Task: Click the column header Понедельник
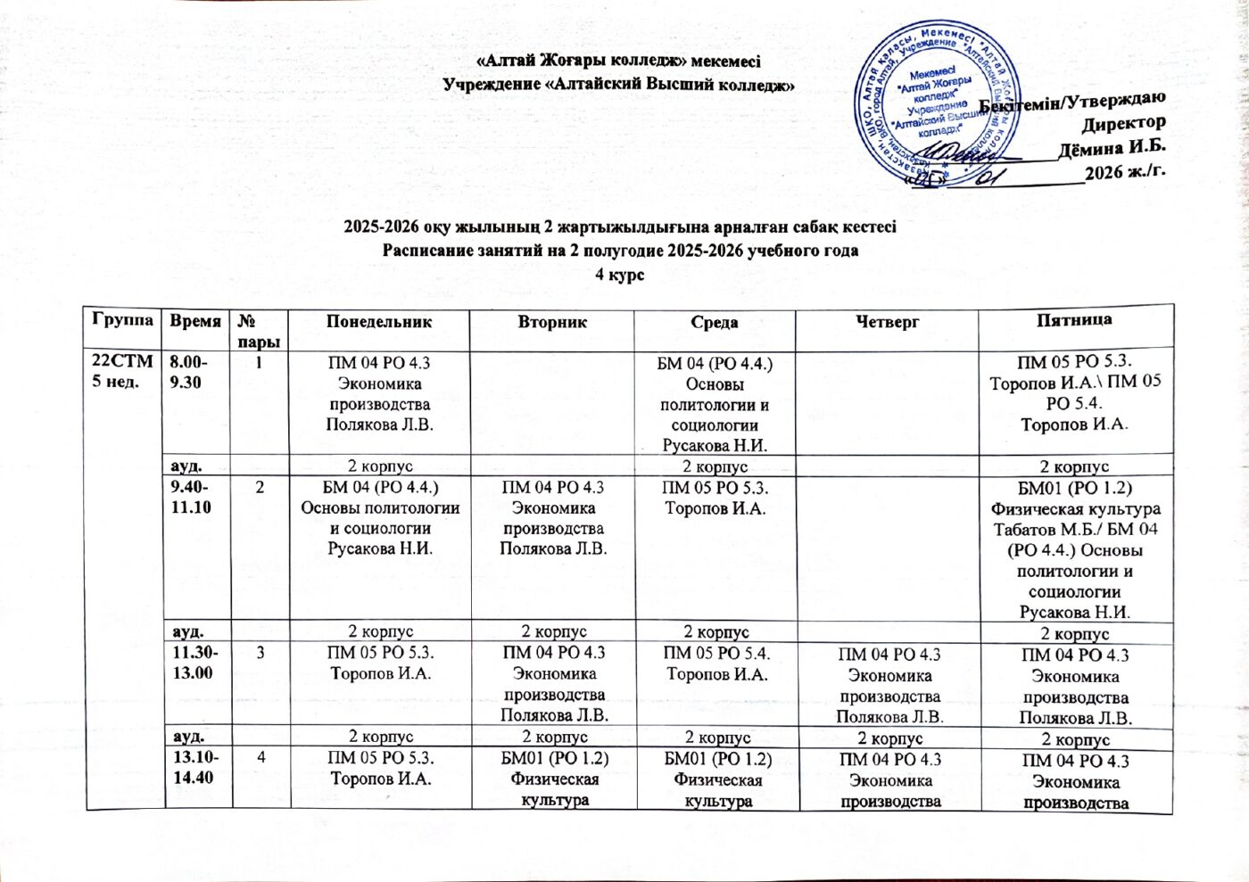(x=378, y=322)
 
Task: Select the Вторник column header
(x=552, y=322)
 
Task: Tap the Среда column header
(x=715, y=323)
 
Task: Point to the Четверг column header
(x=887, y=322)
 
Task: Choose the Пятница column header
(x=1074, y=319)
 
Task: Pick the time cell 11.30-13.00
(x=192, y=662)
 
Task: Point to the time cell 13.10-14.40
(x=192, y=767)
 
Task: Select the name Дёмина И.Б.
(x=1112, y=147)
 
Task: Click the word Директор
(x=1123, y=123)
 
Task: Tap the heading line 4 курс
(x=619, y=274)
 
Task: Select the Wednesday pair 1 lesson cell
(x=715, y=404)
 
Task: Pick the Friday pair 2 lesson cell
(x=1074, y=549)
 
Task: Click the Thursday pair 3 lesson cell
(x=887, y=685)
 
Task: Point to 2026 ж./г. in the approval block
(x=1124, y=172)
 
